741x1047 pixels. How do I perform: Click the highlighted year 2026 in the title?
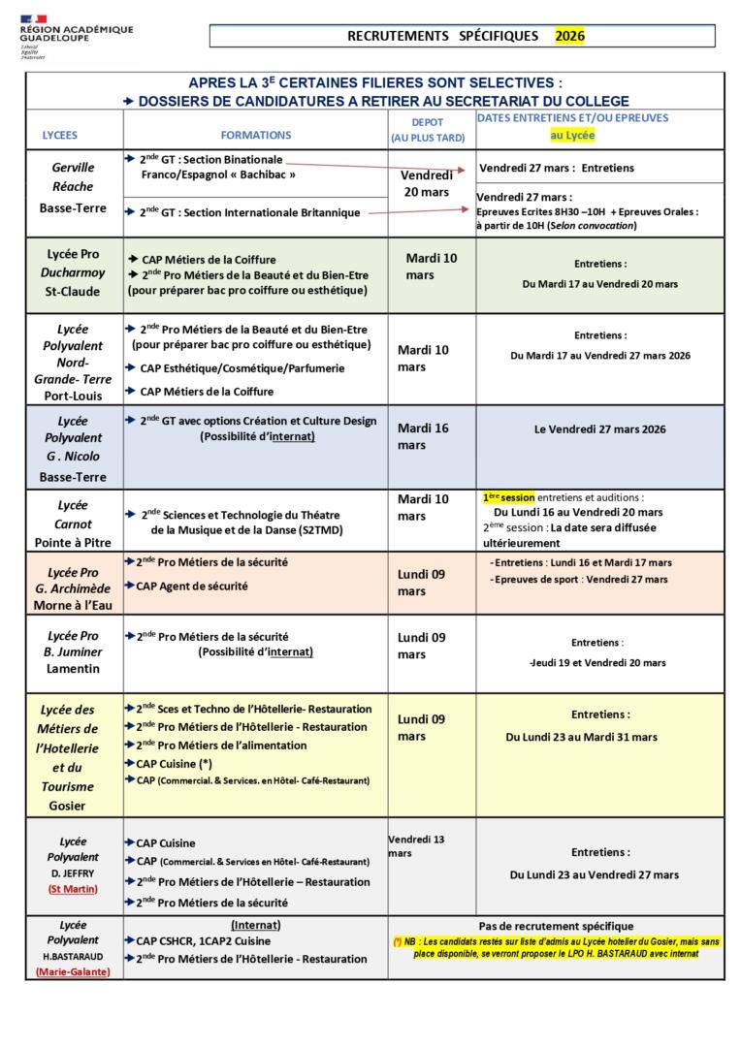click(x=570, y=36)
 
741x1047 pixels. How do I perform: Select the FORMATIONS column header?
click(x=255, y=136)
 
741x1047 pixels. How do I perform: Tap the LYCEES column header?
click(x=60, y=136)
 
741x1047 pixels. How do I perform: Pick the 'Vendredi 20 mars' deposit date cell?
click(x=427, y=183)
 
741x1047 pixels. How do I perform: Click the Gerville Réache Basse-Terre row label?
click(x=74, y=187)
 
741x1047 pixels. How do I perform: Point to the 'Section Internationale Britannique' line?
click(x=249, y=212)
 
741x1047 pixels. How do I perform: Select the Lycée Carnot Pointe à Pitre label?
click(x=73, y=523)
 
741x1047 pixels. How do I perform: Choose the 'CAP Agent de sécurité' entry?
click(x=194, y=586)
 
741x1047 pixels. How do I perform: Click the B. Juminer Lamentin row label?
click(x=73, y=652)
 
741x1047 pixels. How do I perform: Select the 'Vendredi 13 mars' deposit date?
click(x=416, y=845)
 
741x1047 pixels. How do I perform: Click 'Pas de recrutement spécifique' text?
click(x=556, y=926)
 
